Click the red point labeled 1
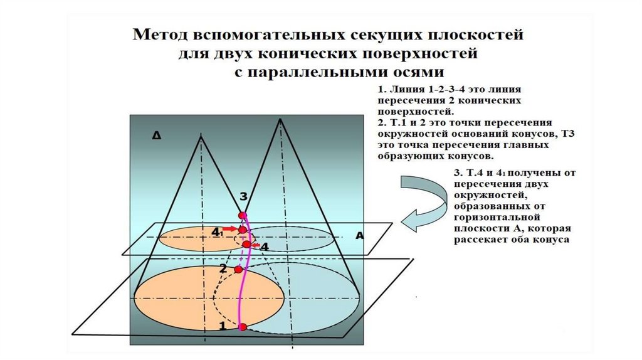tap(243, 326)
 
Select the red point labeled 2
tap(238, 269)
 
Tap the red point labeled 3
tap(242, 216)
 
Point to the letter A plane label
tap(359, 236)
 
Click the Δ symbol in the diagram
tap(155, 134)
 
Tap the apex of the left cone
tap(201, 136)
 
